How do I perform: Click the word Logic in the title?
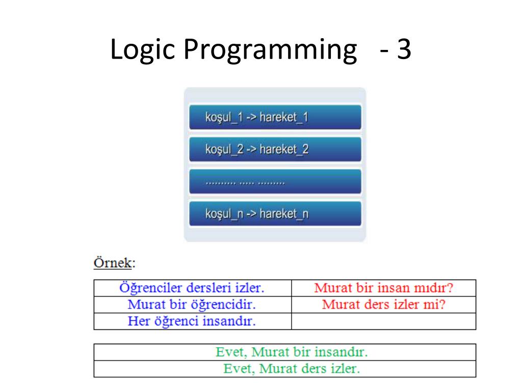tap(142, 50)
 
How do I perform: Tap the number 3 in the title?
tap(403, 50)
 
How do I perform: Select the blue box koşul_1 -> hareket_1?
tap(275, 118)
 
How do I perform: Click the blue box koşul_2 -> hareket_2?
tap(275, 150)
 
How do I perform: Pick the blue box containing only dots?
tap(275, 182)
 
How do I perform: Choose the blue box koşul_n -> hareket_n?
tap(275, 214)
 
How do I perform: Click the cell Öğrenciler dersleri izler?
tap(192, 288)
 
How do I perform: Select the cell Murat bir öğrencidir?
tap(192, 305)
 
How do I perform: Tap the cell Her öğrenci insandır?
tap(192, 321)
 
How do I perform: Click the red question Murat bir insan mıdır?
tap(383, 288)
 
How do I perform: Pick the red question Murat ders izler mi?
tap(383, 305)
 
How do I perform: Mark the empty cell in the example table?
tap(383, 321)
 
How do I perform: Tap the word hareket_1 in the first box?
tap(283, 118)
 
